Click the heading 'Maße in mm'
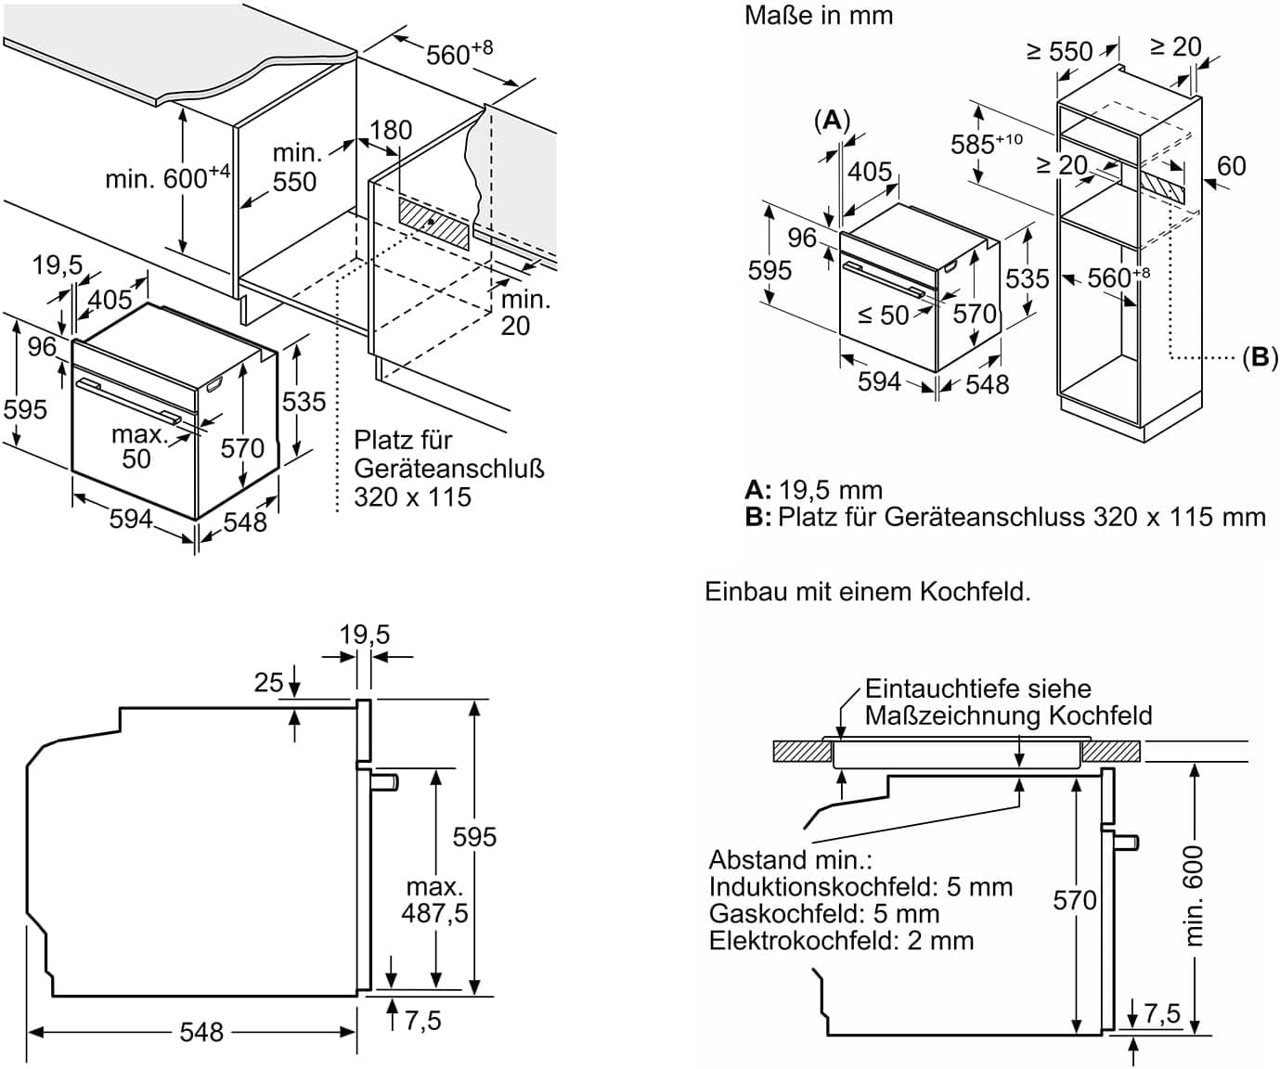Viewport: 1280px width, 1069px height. click(x=818, y=15)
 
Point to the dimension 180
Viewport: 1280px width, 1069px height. click(x=390, y=130)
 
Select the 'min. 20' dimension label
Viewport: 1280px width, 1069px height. click(x=524, y=313)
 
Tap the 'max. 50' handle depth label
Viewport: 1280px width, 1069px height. click(x=137, y=446)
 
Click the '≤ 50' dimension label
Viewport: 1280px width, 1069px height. click(x=883, y=316)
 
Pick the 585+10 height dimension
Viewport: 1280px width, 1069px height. click(x=986, y=144)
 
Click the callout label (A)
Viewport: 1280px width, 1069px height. click(x=832, y=120)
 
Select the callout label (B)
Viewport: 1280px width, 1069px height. click(x=1260, y=357)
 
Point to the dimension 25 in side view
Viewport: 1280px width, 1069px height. click(x=268, y=683)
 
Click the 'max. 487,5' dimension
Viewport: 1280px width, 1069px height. click(x=434, y=900)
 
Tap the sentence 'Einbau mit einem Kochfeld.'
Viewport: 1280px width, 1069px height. click(x=868, y=591)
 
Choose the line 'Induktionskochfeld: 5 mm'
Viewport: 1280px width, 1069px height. click(x=860, y=887)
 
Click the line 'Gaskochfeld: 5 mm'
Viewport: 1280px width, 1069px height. click(x=824, y=914)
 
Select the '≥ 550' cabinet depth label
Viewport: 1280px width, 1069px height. click(x=1059, y=51)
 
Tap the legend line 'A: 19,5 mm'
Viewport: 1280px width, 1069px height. click(x=814, y=490)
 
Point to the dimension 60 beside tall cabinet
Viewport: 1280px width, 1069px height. click(x=1231, y=166)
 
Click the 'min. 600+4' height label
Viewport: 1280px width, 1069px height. click(x=167, y=177)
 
